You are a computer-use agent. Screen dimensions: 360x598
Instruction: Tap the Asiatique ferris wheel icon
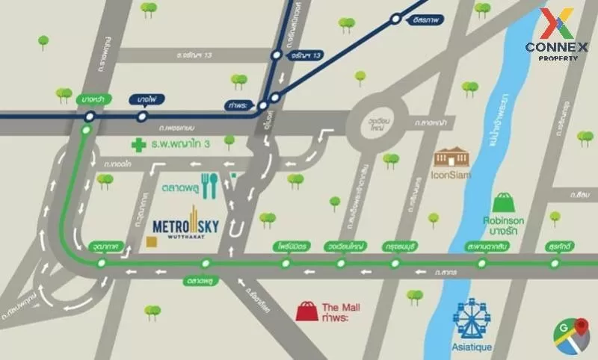[x=472, y=319]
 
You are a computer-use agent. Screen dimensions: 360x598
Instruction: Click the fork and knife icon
[x=209, y=185]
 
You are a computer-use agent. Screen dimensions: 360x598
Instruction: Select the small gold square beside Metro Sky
[x=152, y=241]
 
